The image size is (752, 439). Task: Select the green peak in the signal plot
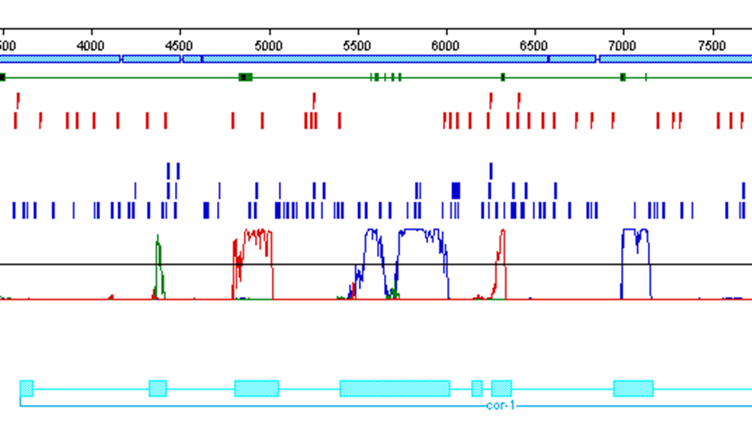(158, 265)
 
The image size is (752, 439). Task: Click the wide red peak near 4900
(253, 260)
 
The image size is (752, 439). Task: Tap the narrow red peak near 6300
(501, 260)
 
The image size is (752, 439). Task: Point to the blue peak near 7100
(636, 260)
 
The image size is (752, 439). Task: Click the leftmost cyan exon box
(27, 388)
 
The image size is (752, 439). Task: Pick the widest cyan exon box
(394, 388)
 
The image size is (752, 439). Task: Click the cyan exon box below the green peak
(158, 388)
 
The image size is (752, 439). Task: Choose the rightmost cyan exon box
(633, 388)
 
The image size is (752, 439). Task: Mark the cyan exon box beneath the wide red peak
(257, 388)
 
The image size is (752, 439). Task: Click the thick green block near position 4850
(245, 77)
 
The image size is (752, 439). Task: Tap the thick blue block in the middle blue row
(456, 189)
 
